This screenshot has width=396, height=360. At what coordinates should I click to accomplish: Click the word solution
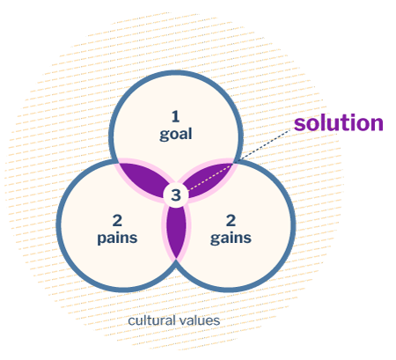[339, 123]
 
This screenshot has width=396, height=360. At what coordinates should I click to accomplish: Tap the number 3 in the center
[176, 195]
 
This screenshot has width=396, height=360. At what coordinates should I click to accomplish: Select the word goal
[176, 135]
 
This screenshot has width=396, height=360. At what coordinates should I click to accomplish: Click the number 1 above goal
[175, 116]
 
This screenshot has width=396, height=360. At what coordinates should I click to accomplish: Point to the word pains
[117, 239]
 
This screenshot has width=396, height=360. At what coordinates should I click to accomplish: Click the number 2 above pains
[117, 221]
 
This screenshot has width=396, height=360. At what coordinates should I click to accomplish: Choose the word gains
[231, 239]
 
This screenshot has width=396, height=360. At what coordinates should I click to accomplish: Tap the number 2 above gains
[231, 221]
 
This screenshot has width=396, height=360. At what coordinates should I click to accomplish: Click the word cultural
[151, 320]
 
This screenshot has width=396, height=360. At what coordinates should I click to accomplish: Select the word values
[199, 320]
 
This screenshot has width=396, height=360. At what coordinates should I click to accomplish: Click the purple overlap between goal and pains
[143, 178]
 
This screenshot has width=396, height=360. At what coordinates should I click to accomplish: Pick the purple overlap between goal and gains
[209, 178]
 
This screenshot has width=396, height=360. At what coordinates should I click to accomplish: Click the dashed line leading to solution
[238, 160]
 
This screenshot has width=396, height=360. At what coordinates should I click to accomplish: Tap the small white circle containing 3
[176, 195]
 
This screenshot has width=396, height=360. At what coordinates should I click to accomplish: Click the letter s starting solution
[299, 125]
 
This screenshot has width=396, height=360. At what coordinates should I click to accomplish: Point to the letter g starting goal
[164, 136]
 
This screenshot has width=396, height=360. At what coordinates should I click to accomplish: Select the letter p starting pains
[102, 239]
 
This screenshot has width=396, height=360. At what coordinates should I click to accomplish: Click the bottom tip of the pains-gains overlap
[176, 259]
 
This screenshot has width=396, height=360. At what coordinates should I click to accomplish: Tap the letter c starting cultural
[131, 321]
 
